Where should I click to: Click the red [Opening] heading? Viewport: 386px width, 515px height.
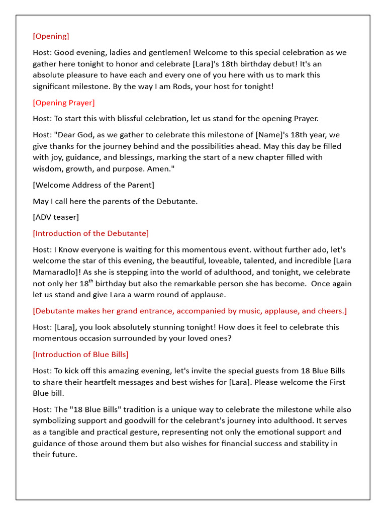pos(51,36)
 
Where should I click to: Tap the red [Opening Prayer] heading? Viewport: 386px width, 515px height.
pos(64,103)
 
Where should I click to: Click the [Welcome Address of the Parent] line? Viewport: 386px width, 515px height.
pos(93,185)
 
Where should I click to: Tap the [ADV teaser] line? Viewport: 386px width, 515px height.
pos(56,217)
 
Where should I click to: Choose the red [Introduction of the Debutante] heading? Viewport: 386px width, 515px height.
pos(91,233)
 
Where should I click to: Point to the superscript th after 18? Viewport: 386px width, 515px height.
pos(91,281)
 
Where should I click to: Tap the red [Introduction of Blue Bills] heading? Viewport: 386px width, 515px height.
pos(81,354)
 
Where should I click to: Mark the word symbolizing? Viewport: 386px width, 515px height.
pos(56,420)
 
